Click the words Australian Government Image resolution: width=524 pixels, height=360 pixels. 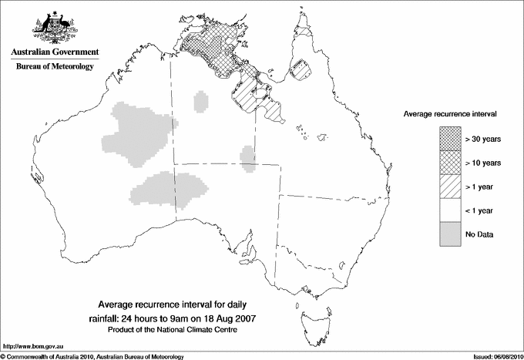point(55,52)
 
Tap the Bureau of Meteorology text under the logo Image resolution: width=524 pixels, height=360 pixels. point(55,67)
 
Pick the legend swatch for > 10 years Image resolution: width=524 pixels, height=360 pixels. point(450,162)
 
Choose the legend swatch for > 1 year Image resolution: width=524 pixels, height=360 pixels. point(450,186)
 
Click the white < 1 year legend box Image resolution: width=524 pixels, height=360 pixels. point(450,210)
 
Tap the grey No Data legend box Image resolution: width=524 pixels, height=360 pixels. point(450,234)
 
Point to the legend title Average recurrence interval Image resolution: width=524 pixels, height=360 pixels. point(450,113)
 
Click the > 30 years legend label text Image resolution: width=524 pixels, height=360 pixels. point(483,138)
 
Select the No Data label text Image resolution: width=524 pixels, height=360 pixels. point(479,234)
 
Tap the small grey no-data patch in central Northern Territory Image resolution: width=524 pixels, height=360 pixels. point(202,101)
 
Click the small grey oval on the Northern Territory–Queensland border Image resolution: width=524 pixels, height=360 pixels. point(248,156)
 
